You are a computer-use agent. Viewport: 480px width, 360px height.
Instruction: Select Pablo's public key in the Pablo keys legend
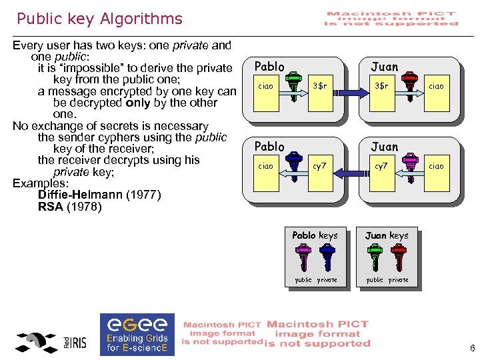coord(304,257)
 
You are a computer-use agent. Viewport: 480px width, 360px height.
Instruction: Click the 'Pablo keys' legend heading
coord(315,235)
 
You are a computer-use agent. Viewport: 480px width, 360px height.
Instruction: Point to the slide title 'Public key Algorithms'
coord(99,19)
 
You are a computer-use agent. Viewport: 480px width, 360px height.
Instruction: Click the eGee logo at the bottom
coord(137,333)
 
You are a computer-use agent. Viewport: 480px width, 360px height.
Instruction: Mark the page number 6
coord(472,349)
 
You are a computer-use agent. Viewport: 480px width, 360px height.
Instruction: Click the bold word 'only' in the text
coord(139,103)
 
